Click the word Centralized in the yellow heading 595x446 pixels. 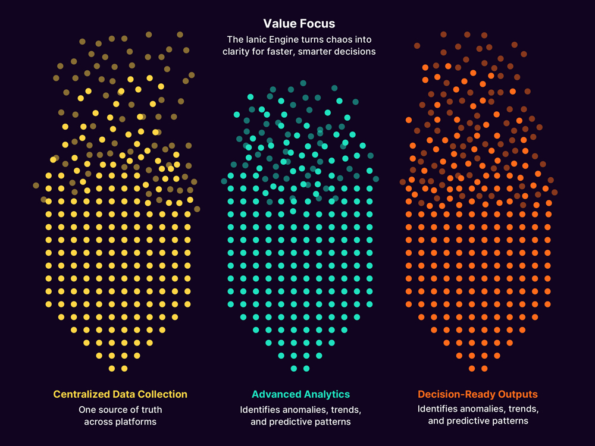(x=81, y=394)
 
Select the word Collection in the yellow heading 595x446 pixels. (x=162, y=394)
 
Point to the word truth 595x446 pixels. (x=150, y=410)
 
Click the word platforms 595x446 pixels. (x=136, y=422)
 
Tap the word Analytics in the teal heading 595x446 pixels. (x=326, y=394)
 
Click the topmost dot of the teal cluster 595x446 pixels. (x=303, y=83)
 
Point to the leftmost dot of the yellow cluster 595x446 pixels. (x=36, y=186)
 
